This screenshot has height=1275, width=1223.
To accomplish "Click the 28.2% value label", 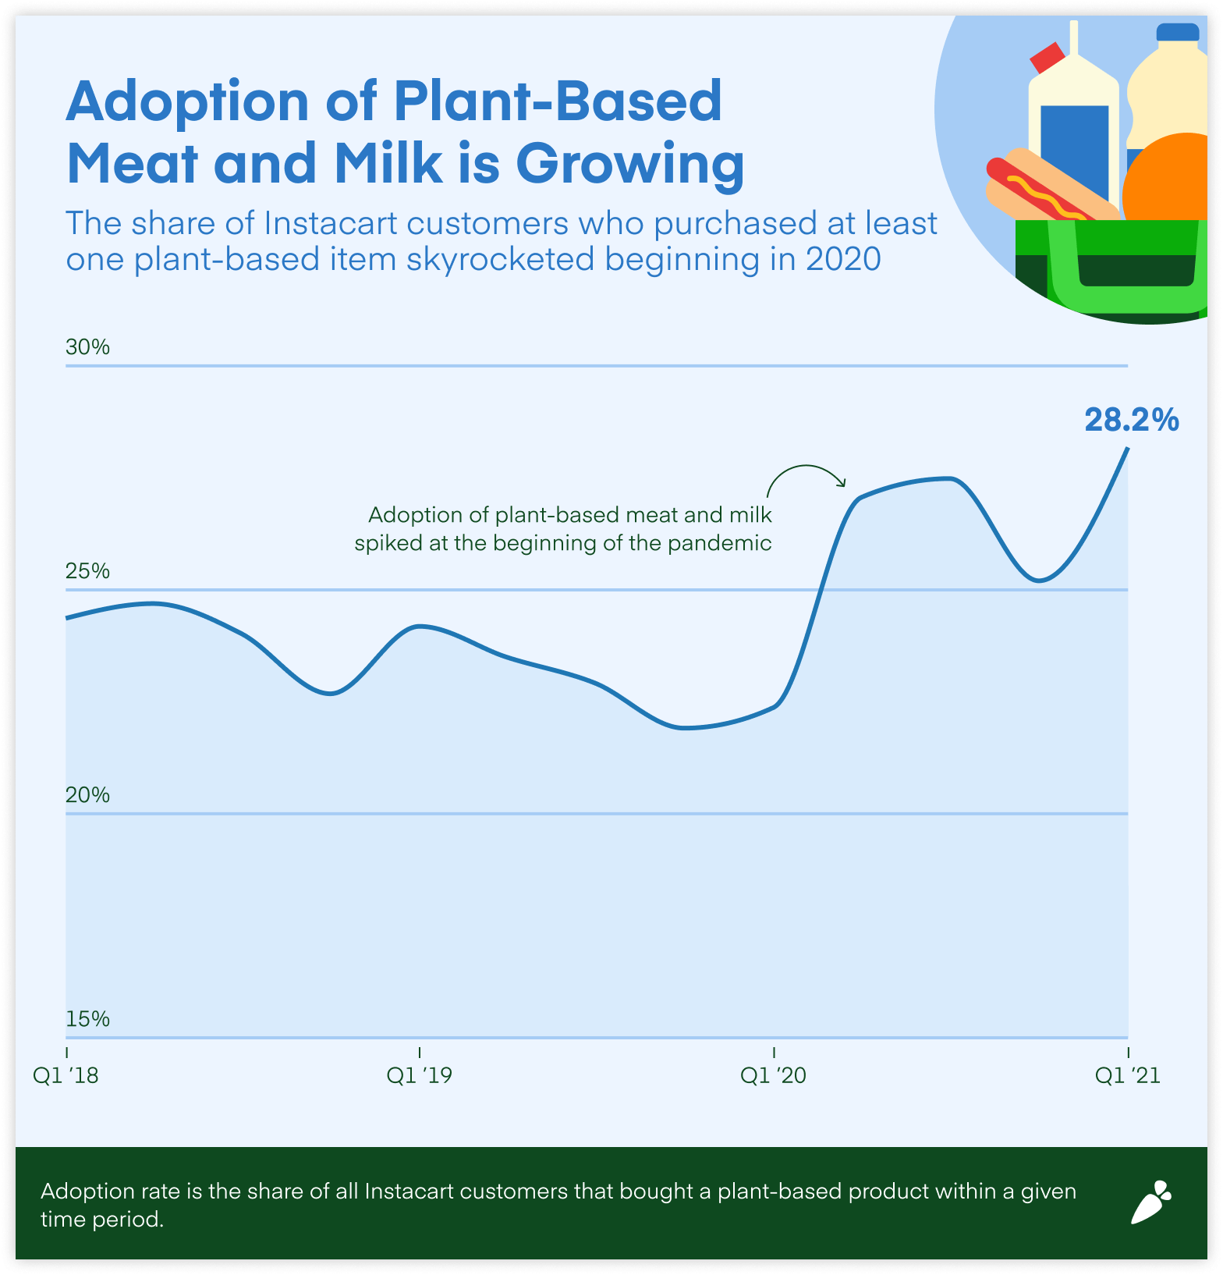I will pos(1131,421).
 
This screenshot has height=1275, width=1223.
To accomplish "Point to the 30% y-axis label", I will pos(87,347).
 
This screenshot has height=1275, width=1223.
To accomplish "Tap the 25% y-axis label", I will pos(87,571).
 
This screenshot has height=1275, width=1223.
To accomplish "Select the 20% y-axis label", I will pos(87,795).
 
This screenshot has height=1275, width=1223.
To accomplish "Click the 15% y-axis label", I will pos(87,1019).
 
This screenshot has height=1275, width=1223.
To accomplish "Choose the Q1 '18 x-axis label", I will pos(66,1075).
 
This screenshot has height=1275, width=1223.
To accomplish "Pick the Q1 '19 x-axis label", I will pos(419,1075).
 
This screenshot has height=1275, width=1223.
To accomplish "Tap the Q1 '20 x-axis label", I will pos(773,1075).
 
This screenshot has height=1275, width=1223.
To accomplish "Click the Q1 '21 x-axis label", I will pos(1127,1075).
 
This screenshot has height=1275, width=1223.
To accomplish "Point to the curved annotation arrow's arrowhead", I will pos(842,482).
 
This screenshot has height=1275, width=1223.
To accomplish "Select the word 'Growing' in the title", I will pos(629,164).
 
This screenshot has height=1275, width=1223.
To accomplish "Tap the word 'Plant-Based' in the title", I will pos(558,101).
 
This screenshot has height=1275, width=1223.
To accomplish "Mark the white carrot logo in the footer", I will pos(1151,1202).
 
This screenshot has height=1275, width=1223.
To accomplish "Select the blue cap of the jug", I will pos(1177,32).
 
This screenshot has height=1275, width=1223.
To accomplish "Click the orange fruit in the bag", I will pos(1170,179).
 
